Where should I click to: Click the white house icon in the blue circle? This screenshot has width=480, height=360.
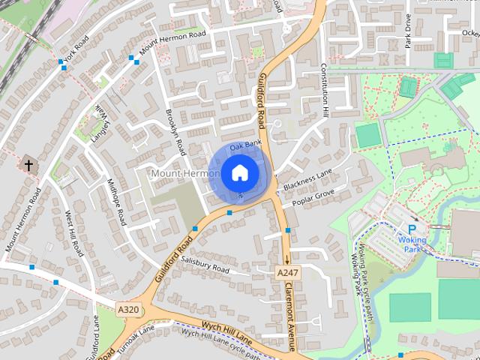click(x=239, y=172)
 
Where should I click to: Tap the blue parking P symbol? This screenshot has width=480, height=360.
click(x=412, y=229)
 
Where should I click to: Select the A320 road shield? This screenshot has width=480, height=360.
click(x=128, y=308)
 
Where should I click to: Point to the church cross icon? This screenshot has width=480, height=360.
click(x=28, y=164)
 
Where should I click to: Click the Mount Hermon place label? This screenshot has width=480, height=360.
click(x=185, y=173)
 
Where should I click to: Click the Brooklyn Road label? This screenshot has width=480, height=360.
click(x=175, y=131)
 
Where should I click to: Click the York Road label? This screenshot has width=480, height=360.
click(x=76, y=48)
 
